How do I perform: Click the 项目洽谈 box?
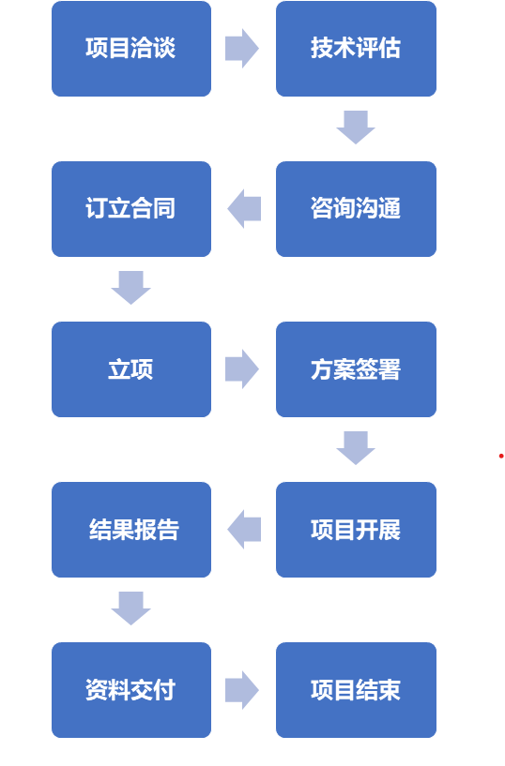(131, 49)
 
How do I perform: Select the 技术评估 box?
(356, 49)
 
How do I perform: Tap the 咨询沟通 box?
(356, 208)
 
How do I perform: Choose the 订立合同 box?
(131, 208)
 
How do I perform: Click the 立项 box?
(131, 368)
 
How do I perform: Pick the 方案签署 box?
(356, 368)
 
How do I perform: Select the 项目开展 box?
(356, 529)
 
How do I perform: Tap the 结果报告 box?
(131, 529)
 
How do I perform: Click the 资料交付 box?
(131, 690)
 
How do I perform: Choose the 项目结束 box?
(356, 690)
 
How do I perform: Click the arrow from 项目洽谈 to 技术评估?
(242, 49)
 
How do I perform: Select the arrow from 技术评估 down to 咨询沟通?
(356, 128)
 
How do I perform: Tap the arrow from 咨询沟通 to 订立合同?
(244, 208)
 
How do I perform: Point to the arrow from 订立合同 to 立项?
(131, 288)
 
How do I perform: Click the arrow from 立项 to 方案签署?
(242, 368)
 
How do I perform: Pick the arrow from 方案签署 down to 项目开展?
(356, 448)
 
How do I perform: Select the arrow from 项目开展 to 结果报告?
(244, 529)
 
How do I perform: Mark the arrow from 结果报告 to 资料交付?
(131, 608)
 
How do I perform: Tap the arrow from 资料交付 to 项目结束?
(242, 690)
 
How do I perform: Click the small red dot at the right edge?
(501, 456)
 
